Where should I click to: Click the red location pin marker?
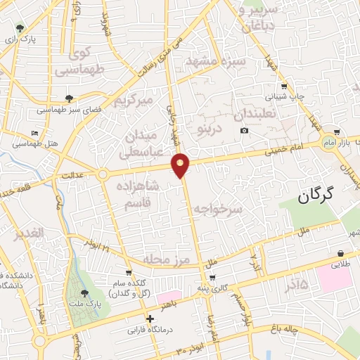coord(181,165)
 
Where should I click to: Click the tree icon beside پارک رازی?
coord(22,29)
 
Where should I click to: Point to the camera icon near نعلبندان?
coord(244,130)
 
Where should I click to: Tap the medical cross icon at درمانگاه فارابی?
coord(150,319)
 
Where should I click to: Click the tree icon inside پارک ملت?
coord(84,292)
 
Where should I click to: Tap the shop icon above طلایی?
coord(340,254)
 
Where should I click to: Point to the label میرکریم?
coord(134,101)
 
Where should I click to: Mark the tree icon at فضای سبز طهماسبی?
coord(68,99)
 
